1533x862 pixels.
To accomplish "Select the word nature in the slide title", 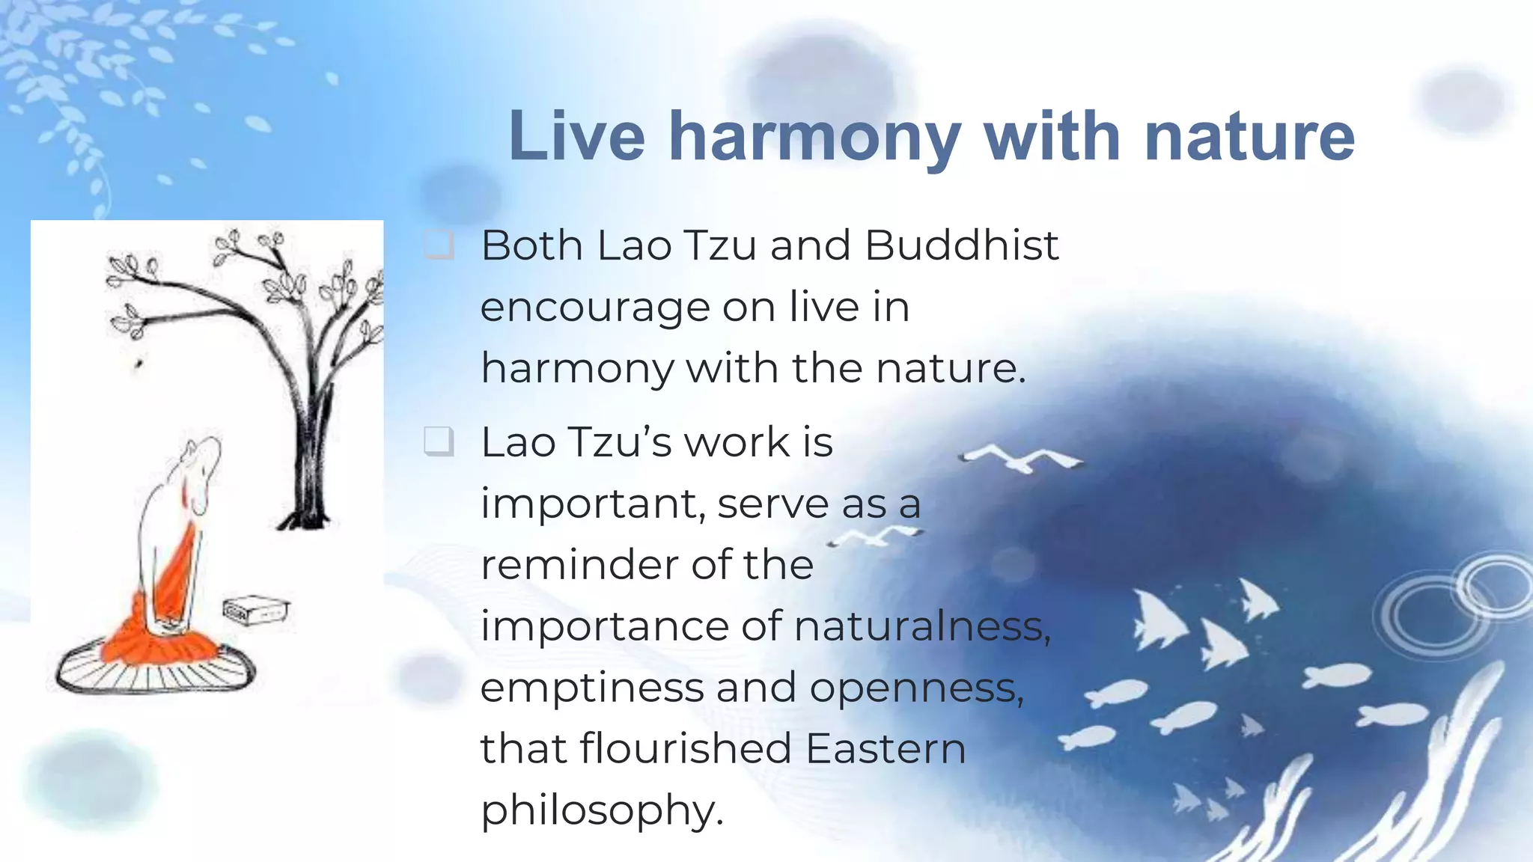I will point(1249,138).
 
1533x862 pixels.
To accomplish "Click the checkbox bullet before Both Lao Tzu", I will point(439,245).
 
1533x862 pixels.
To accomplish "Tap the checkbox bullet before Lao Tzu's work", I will point(439,441).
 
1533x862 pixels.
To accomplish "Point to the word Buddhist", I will point(961,245).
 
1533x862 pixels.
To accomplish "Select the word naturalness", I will point(921,626).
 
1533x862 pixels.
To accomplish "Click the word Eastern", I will point(886,748).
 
